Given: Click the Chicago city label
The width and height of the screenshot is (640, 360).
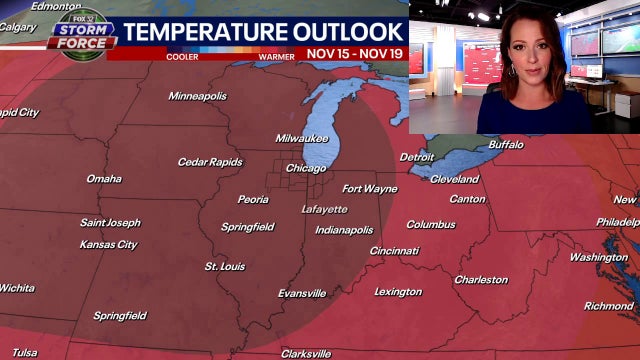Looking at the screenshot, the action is click(306, 168).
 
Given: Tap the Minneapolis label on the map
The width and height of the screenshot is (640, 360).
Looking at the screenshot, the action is click(197, 96).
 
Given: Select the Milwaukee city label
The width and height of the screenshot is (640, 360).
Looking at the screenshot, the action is click(302, 138).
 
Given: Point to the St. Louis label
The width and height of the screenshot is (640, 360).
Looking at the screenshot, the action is click(225, 267).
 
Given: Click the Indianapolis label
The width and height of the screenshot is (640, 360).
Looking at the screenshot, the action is click(344, 230).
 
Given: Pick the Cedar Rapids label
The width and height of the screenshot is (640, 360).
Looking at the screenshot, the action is click(210, 162).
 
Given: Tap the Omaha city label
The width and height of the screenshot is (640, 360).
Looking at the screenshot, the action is click(104, 179).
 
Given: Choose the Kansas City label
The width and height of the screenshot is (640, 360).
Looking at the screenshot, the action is click(108, 245).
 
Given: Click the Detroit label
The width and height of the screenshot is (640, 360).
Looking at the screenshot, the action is click(417, 157).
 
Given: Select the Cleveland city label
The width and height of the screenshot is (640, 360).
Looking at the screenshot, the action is click(455, 179).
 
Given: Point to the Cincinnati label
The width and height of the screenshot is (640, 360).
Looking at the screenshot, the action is click(394, 251).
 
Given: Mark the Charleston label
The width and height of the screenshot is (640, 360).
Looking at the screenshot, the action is click(481, 280).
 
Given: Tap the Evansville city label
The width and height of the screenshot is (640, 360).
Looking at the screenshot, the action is click(302, 294).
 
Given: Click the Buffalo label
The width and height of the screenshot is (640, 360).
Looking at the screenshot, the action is click(506, 145).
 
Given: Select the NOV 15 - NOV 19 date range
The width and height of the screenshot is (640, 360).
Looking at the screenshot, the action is click(354, 53).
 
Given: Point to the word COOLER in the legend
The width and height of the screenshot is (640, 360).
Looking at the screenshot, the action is click(182, 56).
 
